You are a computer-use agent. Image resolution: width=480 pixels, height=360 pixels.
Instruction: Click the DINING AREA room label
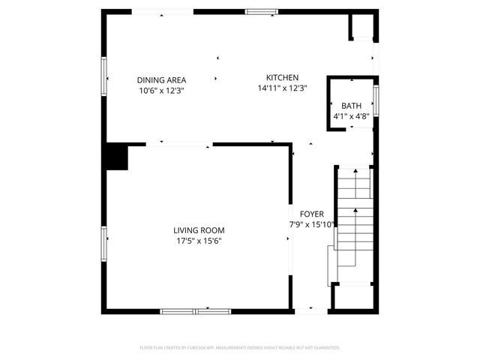click(x=161, y=80)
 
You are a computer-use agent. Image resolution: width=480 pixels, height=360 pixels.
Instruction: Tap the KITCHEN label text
click(x=283, y=78)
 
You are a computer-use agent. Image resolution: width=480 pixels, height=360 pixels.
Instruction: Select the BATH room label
click(x=351, y=106)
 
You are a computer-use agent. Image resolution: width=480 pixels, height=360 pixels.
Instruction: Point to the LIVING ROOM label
click(x=199, y=230)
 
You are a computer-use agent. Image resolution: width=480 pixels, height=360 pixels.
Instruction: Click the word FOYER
click(x=311, y=214)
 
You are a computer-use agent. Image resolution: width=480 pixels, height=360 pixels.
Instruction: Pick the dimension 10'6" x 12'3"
click(x=161, y=91)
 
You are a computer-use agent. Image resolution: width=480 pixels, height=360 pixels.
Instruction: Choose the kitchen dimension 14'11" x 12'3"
click(x=283, y=88)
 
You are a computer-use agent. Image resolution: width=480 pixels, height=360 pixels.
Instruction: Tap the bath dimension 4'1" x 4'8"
click(x=351, y=116)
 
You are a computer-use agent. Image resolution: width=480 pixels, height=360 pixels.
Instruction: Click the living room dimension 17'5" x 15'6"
click(x=199, y=241)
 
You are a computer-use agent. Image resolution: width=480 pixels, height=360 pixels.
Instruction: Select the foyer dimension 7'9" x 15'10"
click(x=312, y=224)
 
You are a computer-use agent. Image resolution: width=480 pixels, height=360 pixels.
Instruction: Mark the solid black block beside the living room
click(x=116, y=157)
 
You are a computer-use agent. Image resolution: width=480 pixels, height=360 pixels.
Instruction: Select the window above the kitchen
click(x=261, y=11)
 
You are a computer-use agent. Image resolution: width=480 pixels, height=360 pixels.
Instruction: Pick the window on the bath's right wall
click(x=376, y=101)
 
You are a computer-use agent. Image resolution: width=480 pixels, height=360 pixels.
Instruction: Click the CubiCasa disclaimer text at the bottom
click(x=240, y=348)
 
